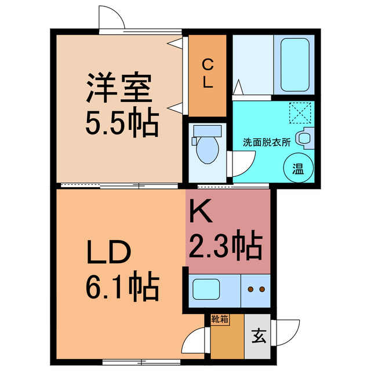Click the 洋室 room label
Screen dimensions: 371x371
(x=119, y=88)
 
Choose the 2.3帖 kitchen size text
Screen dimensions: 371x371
(x=227, y=246)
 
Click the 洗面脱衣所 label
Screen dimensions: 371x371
(x=267, y=141)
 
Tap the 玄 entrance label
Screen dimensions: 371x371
(x=259, y=336)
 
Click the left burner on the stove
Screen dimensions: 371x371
(x=250, y=288)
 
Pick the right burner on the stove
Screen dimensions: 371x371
(x=262, y=288)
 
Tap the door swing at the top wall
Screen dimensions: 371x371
(x=112, y=19)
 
